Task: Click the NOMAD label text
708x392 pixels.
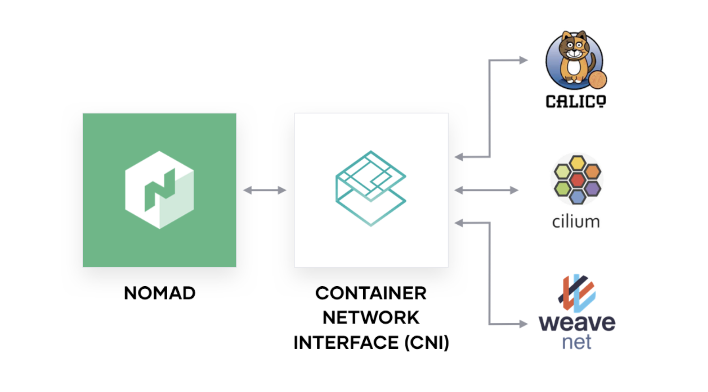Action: click(159, 293)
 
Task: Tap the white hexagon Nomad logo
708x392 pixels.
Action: click(159, 190)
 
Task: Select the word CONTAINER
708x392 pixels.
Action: click(371, 293)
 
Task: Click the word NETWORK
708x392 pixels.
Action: click(371, 318)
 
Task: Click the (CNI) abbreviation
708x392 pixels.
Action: click(426, 342)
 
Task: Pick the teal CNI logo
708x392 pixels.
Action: click(371, 188)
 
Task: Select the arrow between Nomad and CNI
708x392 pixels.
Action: click(265, 190)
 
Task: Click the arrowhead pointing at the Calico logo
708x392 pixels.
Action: click(523, 60)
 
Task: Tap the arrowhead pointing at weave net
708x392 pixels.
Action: click(523, 324)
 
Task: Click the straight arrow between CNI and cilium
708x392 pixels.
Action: click(486, 190)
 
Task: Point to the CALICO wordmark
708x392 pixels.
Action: click(576, 101)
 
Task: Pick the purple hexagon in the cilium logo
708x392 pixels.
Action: click(592, 189)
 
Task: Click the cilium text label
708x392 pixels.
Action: click(576, 221)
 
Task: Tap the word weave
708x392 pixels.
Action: click(577, 323)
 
